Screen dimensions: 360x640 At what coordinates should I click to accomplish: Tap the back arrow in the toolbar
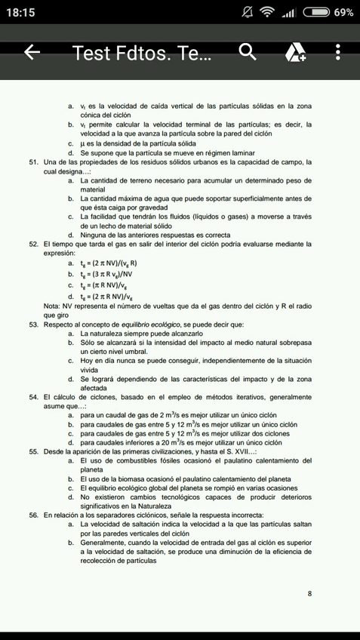[31, 52]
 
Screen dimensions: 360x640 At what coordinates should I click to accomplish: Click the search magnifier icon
[248, 52]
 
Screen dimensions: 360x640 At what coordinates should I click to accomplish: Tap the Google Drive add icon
[295, 52]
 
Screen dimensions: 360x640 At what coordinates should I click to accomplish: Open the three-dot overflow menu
[337, 52]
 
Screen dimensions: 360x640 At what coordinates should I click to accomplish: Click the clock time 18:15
[23, 13]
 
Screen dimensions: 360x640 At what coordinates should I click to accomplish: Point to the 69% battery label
[343, 13]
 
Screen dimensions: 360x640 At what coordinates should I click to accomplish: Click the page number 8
[309, 593]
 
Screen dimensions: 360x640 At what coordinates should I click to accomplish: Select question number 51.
[34, 162]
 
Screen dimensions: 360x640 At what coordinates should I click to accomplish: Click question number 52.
[34, 244]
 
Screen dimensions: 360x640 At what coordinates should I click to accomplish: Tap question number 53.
[34, 325]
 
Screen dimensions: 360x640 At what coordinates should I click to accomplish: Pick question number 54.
[34, 396]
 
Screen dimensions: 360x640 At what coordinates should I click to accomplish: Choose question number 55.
[34, 451]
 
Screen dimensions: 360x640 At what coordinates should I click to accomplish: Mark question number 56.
[34, 514]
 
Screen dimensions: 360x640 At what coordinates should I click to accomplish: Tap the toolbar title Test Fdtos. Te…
[143, 52]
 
